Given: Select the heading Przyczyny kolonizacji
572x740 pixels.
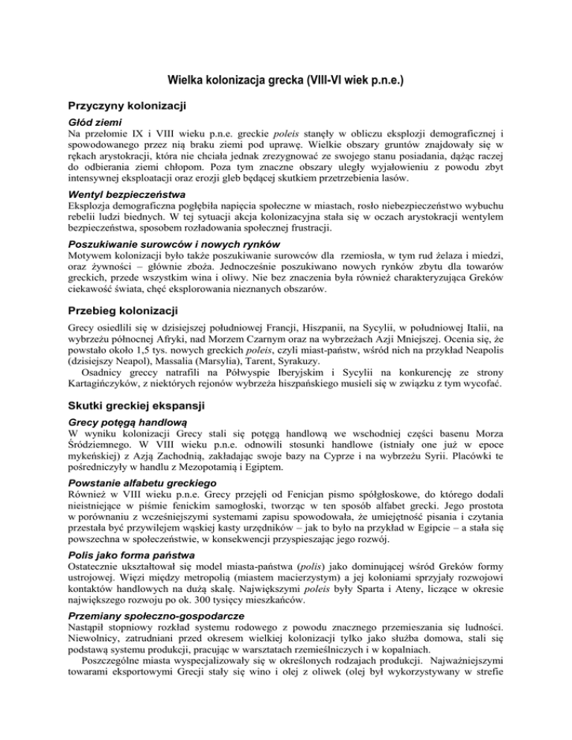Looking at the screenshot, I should (x=127, y=106).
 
